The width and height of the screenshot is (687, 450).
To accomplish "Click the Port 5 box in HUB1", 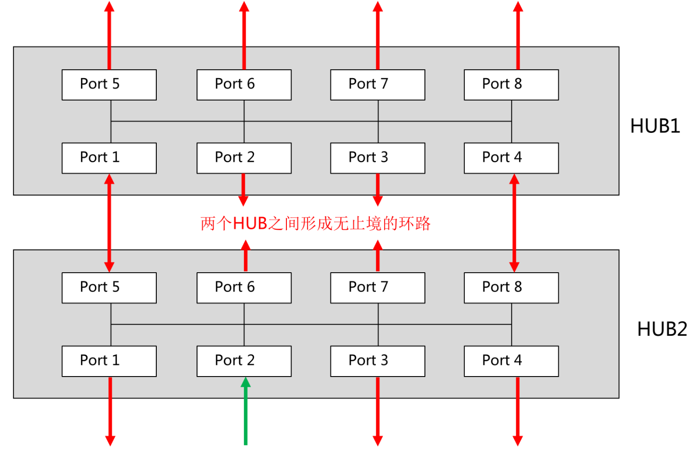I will [109, 85].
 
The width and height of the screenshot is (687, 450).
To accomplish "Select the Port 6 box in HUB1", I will [244, 85].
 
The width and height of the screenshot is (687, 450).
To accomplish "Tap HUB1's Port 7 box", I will [378, 85].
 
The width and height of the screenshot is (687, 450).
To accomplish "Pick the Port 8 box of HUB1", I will [511, 85].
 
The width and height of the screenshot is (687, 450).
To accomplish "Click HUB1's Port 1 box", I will [109, 158].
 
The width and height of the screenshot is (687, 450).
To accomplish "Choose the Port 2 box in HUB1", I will [244, 158].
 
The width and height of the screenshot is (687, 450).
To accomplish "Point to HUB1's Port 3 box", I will [378, 158].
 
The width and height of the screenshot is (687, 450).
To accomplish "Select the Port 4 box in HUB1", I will [511, 158].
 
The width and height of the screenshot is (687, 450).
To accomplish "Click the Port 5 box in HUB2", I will [109, 288].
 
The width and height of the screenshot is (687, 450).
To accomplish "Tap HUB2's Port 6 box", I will [244, 288].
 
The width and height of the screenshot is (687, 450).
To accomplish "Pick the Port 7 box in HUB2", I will [378, 288].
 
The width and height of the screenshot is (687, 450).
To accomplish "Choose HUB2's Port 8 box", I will [511, 288].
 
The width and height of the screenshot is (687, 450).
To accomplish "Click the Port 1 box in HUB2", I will [109, 361].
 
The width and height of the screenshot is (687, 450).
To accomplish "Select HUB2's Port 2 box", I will [244, 361].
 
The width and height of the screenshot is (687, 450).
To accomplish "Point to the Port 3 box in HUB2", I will [378, 361].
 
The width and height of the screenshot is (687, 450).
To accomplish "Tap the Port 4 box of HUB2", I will [511, 361].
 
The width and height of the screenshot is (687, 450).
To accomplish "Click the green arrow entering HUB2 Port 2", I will [245, 412].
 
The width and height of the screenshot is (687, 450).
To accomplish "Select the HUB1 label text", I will [655, 126].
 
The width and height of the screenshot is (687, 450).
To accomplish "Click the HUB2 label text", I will [661, 329].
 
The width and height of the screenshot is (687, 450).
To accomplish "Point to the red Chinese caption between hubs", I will [315, 224].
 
